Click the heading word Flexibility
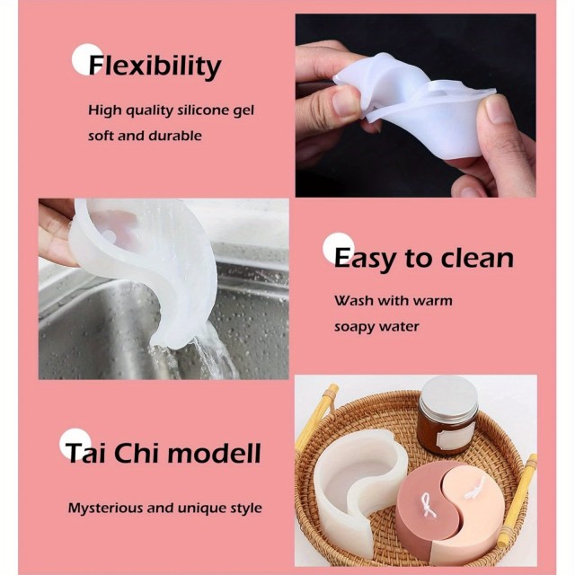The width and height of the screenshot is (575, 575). pyautogui.click(x=155, y=67)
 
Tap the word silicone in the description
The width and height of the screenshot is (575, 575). pyautogui.click(x=199, y=111)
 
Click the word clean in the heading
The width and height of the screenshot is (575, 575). pyautogui.click(x=477, y=259)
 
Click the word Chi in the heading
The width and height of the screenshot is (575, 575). pyautogui.click(x=137, y=453)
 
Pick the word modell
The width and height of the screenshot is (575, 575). pyautogui.click(x=214, y=453)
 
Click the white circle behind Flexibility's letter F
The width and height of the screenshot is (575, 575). pyautogui.click(x=86, y=59)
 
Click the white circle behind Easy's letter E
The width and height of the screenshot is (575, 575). pyautogui.click(x=338, y=248)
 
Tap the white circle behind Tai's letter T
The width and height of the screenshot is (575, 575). pyautogui.click(x=74, y=444)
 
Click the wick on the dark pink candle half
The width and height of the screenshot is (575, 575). pyautogui.click(x=428, y=505)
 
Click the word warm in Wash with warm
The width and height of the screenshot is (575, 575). pyautogui.click(x=433, y=301)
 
